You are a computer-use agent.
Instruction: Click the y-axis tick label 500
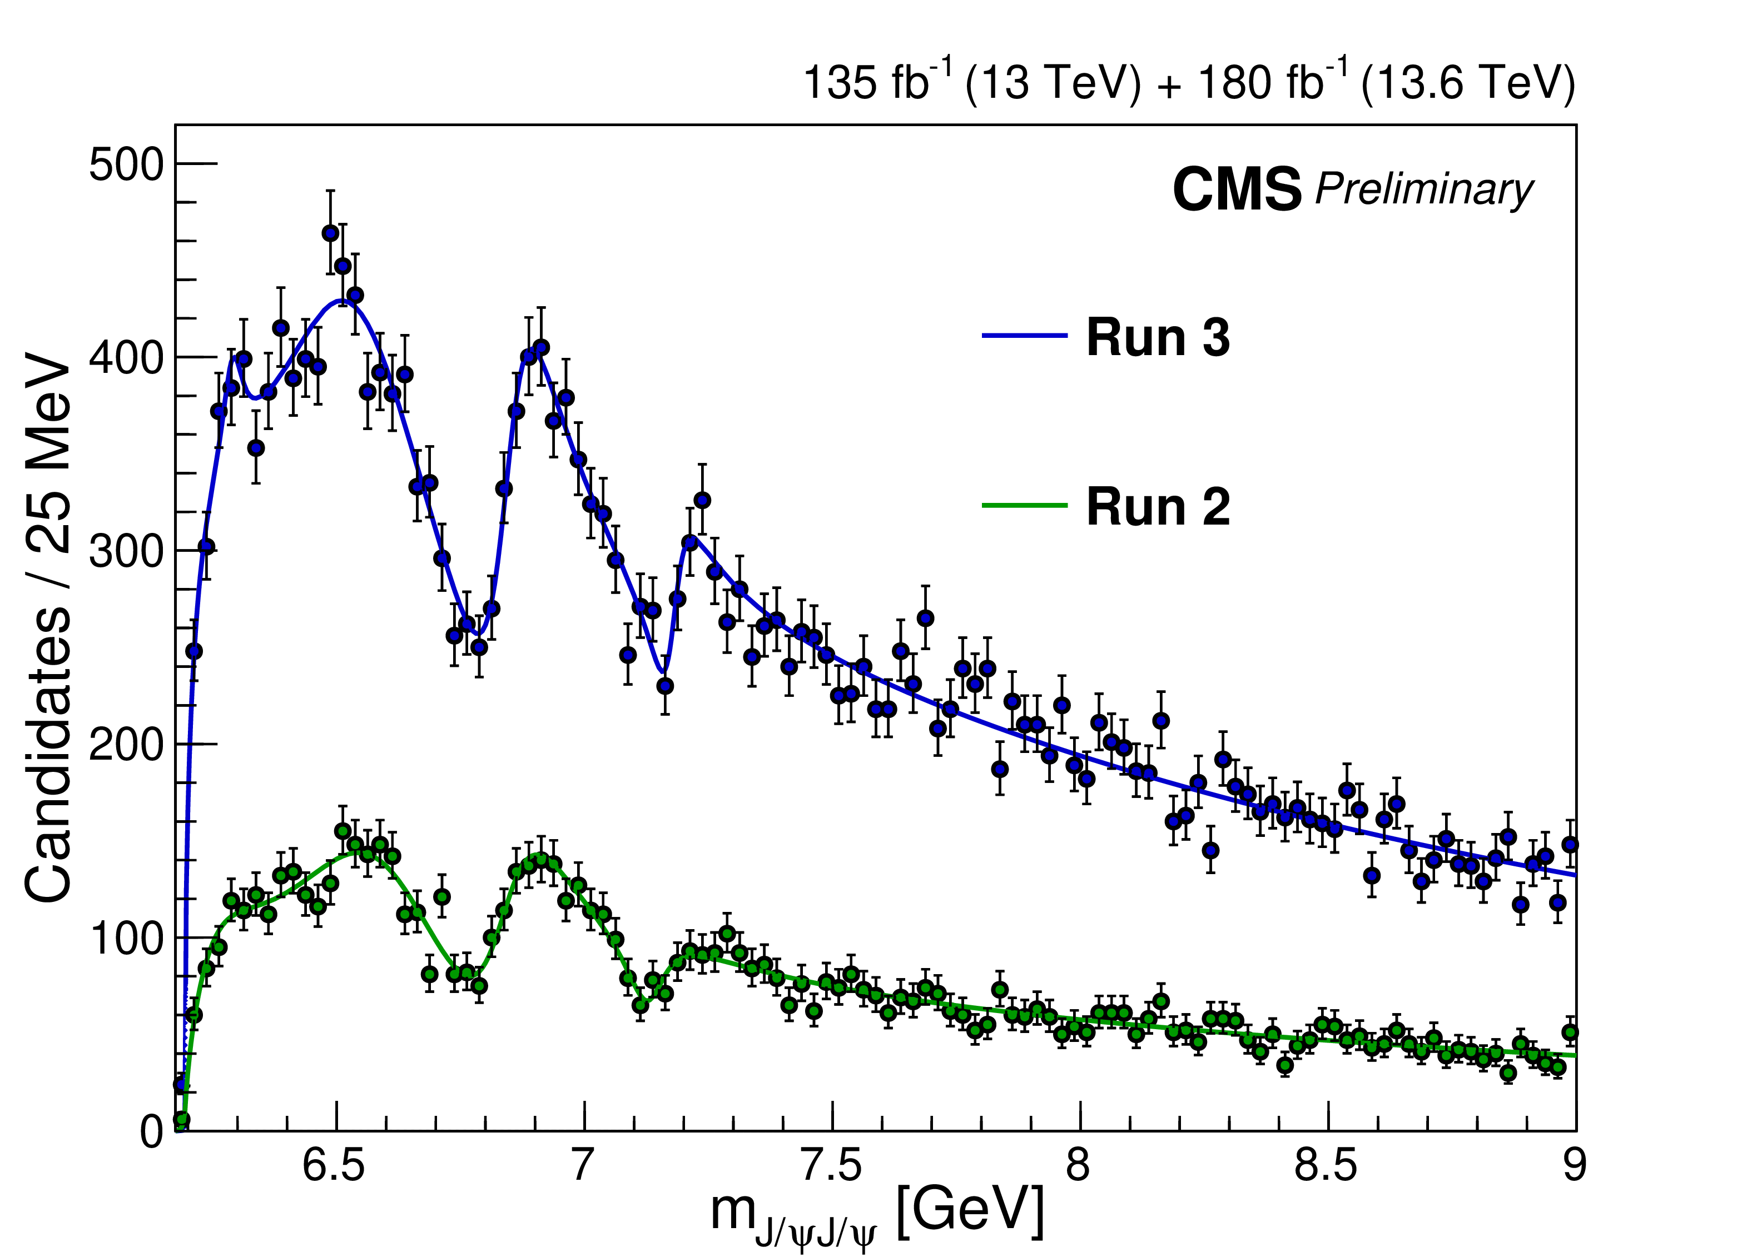pyautogui.click(x=127, y=165)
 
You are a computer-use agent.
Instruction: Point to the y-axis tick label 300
pyautogui.click(x=127, y=552)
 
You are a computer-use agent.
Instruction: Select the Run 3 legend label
pyautogui.click(x=1157, y=337)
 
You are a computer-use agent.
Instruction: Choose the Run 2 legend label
pyautogui.click(x=1157, y=507)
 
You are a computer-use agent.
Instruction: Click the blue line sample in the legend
pyautogui.click(x=1024, y=336)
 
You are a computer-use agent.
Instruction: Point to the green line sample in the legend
pyautogui.click(x=1024, y=506)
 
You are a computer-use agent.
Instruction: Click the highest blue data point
pyautogui.click(x=331, y=233)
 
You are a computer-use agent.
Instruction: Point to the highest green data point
pyautogui.click(x=343, y=831)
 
